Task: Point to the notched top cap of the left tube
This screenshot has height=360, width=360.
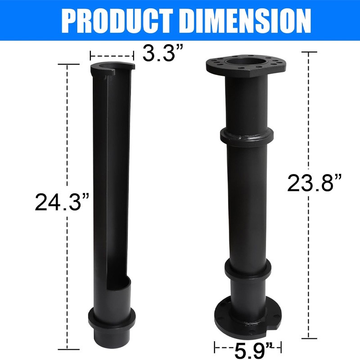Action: pyautogui.click(x=112, y=68)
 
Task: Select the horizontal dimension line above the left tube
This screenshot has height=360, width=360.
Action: pyautogui.click(x=112, y=55)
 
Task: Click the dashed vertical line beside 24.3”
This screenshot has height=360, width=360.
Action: pyautogui.click(x=67, y=135)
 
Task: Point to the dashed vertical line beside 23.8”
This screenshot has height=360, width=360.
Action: pyautogui.click(x=309, y=112)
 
